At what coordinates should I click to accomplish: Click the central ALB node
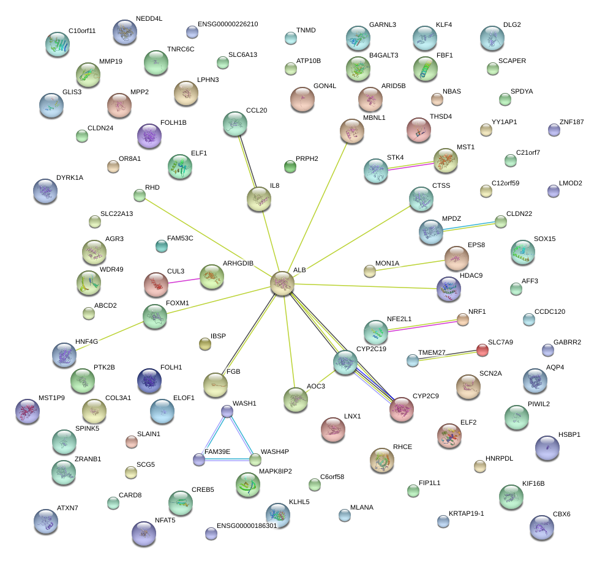point(282,283)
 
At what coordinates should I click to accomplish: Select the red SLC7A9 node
point(482,350)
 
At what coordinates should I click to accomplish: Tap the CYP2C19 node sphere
point(345,363)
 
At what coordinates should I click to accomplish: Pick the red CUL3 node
point(156,283)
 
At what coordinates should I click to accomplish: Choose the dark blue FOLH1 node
point(149,381)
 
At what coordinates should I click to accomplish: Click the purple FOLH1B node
point(149,136)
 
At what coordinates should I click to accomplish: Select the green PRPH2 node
point(290,166)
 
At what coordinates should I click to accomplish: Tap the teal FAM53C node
point(162,246)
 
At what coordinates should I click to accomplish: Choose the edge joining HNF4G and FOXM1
point(110,334)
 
